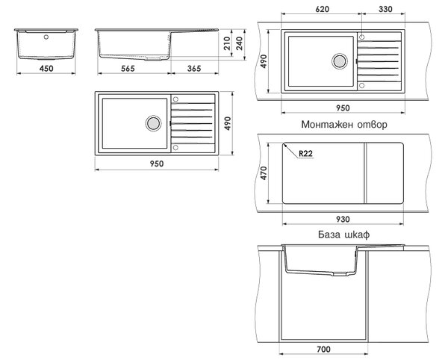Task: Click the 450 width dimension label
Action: tap(46, 68)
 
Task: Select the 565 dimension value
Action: tap(128, 68)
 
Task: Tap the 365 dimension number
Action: tap(194, 68)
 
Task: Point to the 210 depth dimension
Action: tap(227, 43)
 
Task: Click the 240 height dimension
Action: tap(240, 43)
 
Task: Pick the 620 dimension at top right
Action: tap(323, 9)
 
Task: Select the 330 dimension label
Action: tap(385, 9)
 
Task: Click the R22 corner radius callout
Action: tap(305, 153)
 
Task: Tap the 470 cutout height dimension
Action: tap(264, 173)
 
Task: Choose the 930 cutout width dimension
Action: tap(343, 219)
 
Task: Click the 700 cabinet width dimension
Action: tap(324, 349)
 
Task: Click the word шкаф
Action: tap(358, 235)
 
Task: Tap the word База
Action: tap(329, 235)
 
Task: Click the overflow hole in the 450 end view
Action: tap(46, 37)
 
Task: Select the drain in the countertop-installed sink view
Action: tap(340, 60)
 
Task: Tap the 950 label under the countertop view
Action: tap(343, 108)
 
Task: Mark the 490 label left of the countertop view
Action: tap(264, 61)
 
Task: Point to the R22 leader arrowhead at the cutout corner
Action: tap(284, 145)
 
